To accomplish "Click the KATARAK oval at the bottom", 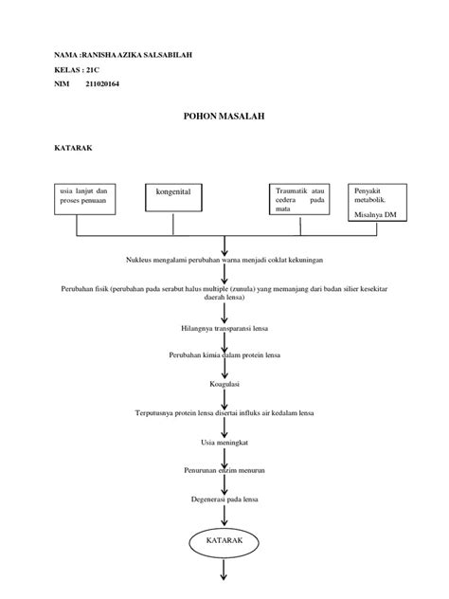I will point(224,541).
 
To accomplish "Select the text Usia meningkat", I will point(224,441).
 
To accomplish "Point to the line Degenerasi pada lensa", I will point(224,499).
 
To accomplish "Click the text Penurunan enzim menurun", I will point(224,469).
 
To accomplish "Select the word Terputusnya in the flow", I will point(155,413).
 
